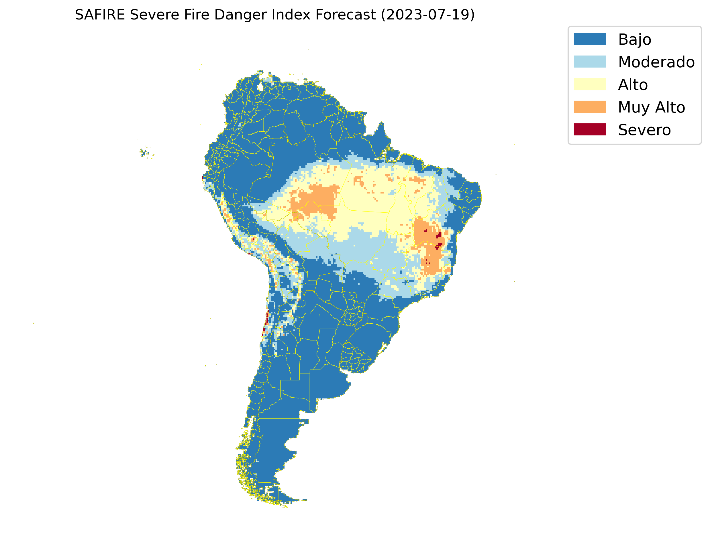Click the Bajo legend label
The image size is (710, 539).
point(635,40)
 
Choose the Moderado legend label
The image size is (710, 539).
point(656,62)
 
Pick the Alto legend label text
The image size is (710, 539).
point(633,85)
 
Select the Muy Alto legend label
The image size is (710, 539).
point(651,107)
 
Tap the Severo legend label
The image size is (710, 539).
point(644,130)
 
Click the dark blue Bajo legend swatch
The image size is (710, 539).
point(590,39)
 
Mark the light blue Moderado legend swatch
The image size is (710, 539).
point(590,62)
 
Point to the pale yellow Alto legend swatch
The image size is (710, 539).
point(590,84)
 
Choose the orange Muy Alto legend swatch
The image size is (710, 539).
point(590,107)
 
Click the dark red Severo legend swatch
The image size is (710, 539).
point(590,130)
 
